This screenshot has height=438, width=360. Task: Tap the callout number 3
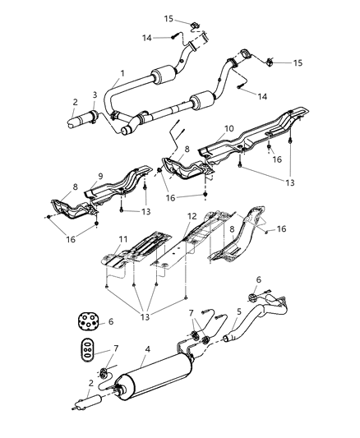95,95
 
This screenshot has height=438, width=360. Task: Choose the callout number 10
230,128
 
